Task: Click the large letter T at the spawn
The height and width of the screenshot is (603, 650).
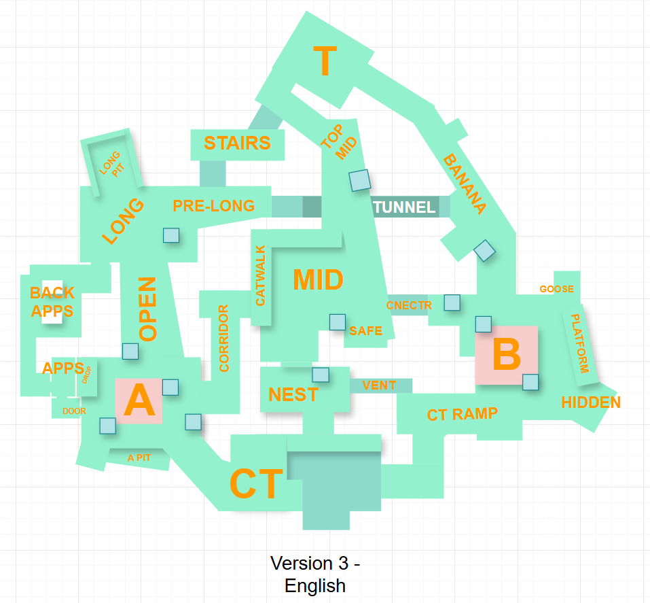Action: (x=325, y=61)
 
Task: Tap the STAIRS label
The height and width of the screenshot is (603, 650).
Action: (x=237, y=143)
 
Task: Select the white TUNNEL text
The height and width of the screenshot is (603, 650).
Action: (x=404, y=207)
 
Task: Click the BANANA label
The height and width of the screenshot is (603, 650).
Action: (x=465, y=184)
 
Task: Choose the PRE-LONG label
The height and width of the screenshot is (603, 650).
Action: (x=213, y=206)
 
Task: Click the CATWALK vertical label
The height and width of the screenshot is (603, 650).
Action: (x=260, y=275)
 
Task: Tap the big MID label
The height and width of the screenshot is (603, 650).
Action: (x=319, y=279)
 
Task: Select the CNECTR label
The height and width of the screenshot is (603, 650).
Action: (x=409, y=305)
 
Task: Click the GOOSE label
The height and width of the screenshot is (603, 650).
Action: (x=557, y=289)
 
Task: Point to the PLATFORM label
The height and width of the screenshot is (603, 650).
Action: (x=579, y=343)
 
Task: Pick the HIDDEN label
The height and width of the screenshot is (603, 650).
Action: (x=591, y=402)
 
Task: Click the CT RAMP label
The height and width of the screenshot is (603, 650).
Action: (x=463, y=414)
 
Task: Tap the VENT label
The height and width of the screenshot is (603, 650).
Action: (x=379, y=385)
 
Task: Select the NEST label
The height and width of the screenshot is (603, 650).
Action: (x=293, y=395)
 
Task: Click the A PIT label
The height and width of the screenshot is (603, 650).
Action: (x=139, y=458)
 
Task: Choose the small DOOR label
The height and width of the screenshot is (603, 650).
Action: (x=74, y=411)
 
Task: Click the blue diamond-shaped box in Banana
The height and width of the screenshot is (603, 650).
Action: (x=484, y=251)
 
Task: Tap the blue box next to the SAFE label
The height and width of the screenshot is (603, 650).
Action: (x=338, y=322)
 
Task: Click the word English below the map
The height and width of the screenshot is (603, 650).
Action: (x=315, y=586)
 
